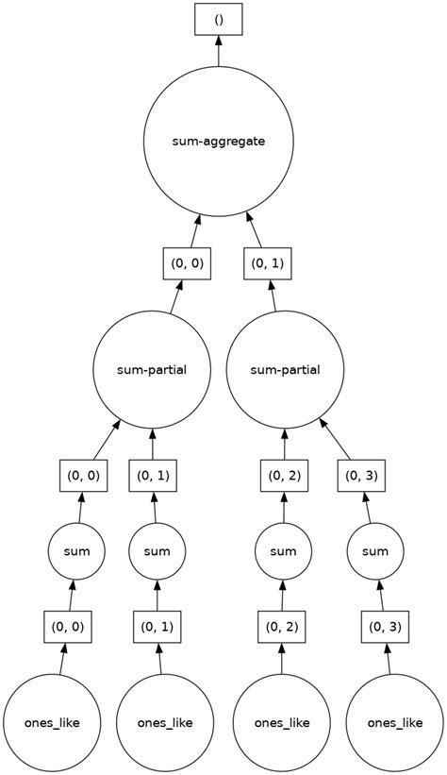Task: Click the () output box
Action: coord(219,18)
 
